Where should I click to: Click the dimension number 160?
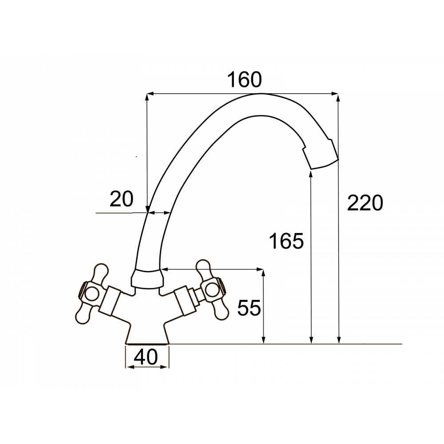(x=245, y=79)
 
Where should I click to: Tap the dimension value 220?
(x=365, y=203)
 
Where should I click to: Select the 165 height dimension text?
(x=286, y=241)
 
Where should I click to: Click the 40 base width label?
(x=146, y=357)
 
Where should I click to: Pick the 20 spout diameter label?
(x=121, y=199)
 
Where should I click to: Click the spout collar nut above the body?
(x=147, y=279)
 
